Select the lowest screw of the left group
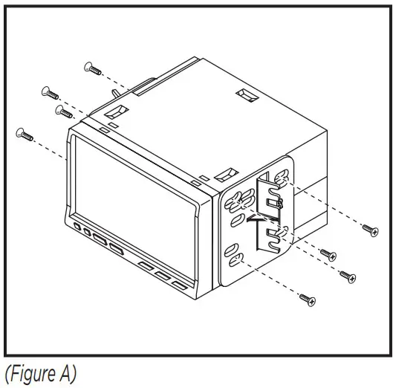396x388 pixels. point(25,135)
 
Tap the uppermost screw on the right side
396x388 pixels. point(369,230)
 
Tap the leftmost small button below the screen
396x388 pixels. point(78,226)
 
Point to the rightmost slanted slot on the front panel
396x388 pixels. point(178,285)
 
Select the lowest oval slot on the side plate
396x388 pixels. point(237,260)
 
